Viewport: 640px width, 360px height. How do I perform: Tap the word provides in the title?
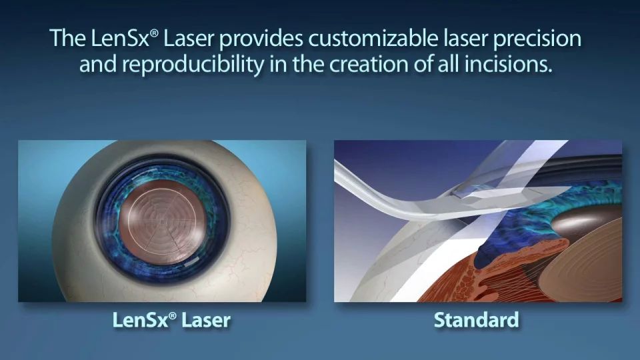(x=261, y=39)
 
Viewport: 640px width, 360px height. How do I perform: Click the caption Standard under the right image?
(x=476, y=319)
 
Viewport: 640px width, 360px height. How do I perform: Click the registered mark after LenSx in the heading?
(x=154, y=33)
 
